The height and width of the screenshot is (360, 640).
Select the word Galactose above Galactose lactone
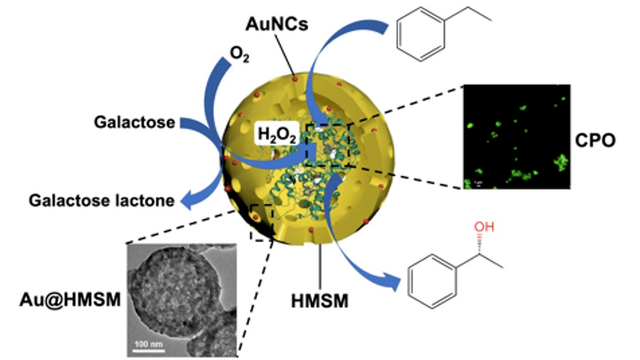(135, 122)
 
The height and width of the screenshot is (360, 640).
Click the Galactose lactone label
(102, 201)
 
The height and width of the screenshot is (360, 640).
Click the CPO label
(595, 140)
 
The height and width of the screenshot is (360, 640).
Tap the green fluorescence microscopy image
(516, 137)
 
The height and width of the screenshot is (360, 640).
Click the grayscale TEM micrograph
(182, 299)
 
